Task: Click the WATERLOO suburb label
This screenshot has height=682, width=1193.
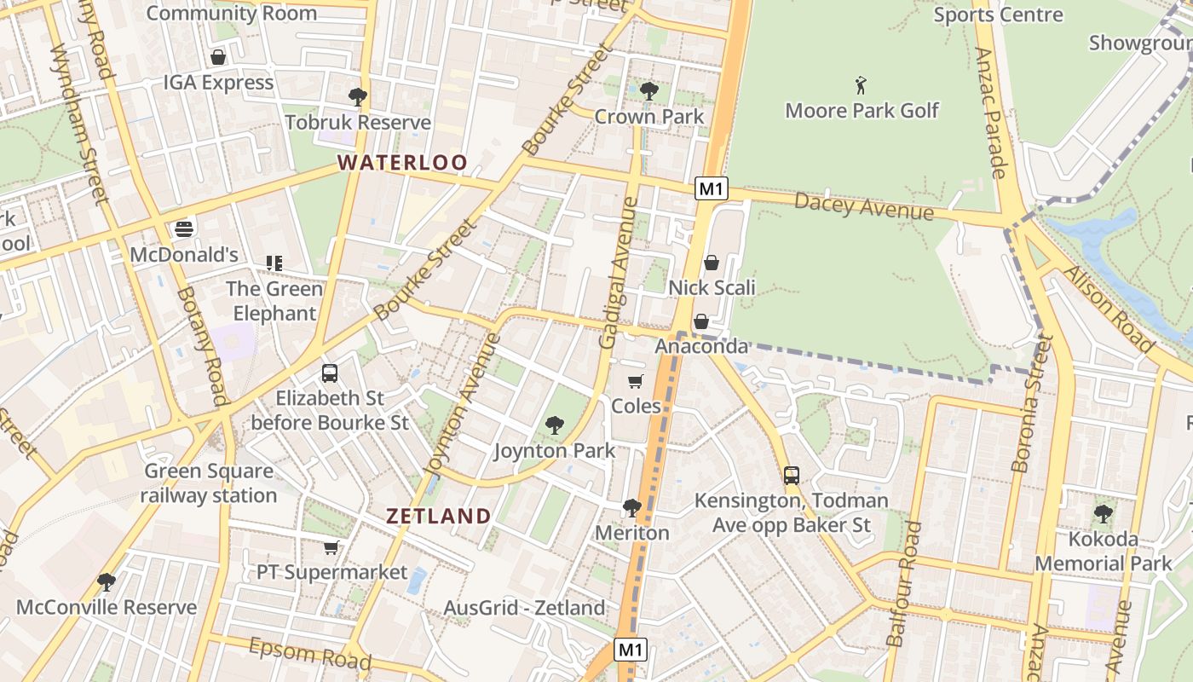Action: point(402,162)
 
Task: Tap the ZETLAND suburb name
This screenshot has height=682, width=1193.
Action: point(439,516)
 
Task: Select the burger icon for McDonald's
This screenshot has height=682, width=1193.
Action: point(184,228)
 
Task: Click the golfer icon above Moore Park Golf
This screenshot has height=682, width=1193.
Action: point(862,85)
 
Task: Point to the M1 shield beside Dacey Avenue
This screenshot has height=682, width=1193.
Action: point(711,188)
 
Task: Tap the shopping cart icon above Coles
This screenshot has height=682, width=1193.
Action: point(636,381)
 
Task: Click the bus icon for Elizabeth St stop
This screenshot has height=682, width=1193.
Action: point(330,373)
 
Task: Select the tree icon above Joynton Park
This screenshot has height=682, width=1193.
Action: point(555,425)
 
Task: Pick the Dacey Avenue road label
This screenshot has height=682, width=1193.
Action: point(864,206)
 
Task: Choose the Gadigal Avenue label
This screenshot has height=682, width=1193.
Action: point(619,273)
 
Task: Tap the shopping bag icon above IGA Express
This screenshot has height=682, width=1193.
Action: point(218,57)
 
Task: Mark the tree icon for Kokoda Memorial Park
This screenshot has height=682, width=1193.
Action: point(1104,513)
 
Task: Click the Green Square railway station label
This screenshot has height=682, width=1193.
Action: point(209,483)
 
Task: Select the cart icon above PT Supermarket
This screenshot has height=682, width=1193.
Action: point(331,547)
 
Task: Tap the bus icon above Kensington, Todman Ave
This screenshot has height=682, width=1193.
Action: point(792,475)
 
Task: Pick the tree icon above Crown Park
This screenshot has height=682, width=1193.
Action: point(649,90)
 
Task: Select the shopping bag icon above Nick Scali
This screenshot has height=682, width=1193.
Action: point(712,263)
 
